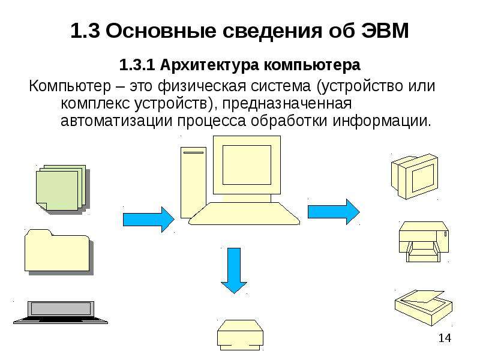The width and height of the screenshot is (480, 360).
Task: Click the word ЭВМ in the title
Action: (385, 31)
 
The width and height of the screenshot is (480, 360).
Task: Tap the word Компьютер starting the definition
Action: (70, 86)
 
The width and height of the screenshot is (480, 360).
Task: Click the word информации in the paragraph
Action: (382, 121)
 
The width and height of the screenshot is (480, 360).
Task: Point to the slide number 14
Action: (445, 338)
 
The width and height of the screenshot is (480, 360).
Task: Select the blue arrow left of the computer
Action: (149, 220)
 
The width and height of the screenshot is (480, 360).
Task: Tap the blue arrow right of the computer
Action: (334, 212)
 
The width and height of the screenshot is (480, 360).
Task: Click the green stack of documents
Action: (63, 188)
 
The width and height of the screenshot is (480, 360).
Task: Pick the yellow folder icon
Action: (59, 251)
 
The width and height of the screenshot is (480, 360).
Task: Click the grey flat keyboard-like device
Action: (61, 312)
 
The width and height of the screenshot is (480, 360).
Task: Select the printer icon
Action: (424, 242)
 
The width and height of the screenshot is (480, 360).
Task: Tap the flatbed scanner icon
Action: (424, 307)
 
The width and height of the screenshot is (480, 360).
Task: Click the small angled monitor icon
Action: (415, 176)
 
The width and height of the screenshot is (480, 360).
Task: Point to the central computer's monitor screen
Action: (247, 165)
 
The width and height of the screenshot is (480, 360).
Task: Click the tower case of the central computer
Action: (193, 183)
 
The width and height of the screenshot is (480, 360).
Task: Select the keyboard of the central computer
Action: (244, 214)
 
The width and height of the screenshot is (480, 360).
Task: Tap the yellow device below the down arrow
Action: (241, 335)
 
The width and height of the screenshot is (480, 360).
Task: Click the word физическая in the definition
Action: (202, 86)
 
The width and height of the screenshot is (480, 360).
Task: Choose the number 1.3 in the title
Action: (85, 31)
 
